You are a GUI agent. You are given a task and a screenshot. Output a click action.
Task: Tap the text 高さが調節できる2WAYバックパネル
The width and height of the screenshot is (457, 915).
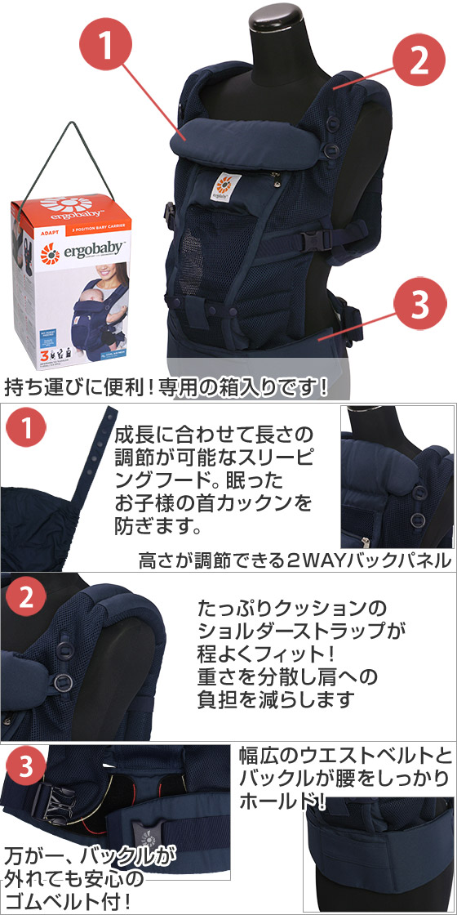(x=294, y=560)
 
